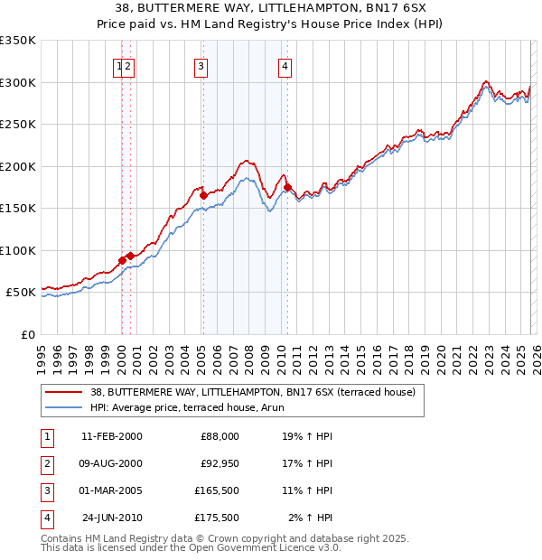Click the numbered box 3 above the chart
(200, 66)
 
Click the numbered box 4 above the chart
(285, 66)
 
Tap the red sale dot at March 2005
(203, 195)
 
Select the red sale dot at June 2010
(288, 187)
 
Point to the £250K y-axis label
(18, 125)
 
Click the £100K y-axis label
(18, 250)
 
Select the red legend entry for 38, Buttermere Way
(252, 393)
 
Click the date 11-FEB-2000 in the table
(111, 436)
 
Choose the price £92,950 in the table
(220, 463)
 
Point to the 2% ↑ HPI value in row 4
(309, 518)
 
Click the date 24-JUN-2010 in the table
(111, 518)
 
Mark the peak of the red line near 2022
(486, 81)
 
